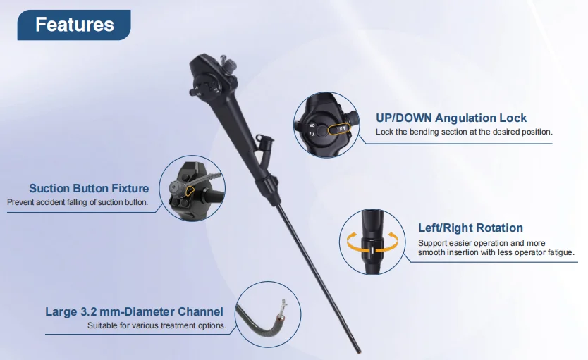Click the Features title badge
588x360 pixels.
pyautogui.click(x=74, y=25)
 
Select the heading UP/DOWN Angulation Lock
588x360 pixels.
pyautogui.click(x=451, y=118)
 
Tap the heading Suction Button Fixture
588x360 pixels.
pyautogui.click(x=89, y=188)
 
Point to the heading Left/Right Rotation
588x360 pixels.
pyautogui.click(x=470, y=228)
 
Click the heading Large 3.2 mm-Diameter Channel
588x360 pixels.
pyautogui.click(x=134, y=311)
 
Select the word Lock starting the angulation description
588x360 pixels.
pyautogui.click(x=384, y=132)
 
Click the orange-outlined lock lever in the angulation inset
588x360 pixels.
pyautogui.click(x=339, y=129)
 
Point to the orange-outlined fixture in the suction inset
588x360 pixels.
pyautogui.click(x=190, y=191)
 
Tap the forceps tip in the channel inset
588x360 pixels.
pyautogui.click(x=283, y=304)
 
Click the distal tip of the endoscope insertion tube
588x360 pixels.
pyautogui.click(x=360, y=352)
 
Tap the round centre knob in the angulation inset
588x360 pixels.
pyautogui.click(x=321, y=131)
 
